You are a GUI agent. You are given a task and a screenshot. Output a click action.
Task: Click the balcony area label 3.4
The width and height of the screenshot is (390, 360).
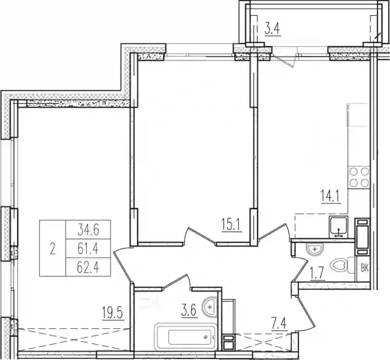point(273,29)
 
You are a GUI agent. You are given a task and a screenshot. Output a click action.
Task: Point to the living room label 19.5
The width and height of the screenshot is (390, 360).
point(113,313)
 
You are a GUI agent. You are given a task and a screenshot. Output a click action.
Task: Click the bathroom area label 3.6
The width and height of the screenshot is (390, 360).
point(189,311)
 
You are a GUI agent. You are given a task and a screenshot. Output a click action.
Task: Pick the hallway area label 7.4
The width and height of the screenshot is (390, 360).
point(279,325)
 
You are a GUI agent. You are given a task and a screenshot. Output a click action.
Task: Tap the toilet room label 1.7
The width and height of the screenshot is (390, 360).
point(317,273)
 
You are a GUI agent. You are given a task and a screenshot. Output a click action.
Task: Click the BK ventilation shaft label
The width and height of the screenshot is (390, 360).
point(365,269)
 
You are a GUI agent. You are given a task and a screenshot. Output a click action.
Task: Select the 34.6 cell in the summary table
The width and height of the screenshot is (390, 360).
point(88,230)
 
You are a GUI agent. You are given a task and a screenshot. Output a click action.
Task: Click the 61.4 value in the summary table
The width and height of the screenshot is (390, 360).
point(88,248)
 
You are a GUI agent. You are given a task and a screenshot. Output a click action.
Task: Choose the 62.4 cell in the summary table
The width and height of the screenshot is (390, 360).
point(88,267)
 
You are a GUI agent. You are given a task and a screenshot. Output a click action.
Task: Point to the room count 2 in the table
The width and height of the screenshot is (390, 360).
point(52,248)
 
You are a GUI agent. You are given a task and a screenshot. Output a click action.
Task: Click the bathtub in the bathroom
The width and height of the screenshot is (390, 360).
point(185,337)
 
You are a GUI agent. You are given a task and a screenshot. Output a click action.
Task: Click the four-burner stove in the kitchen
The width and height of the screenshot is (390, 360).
point(359,178)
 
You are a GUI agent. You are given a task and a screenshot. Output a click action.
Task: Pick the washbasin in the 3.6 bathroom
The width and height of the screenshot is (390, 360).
point(210,307)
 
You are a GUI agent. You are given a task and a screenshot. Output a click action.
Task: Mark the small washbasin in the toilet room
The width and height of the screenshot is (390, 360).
point(315,249)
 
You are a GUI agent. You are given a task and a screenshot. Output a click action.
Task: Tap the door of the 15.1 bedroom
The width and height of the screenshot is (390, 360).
point(199,235)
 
